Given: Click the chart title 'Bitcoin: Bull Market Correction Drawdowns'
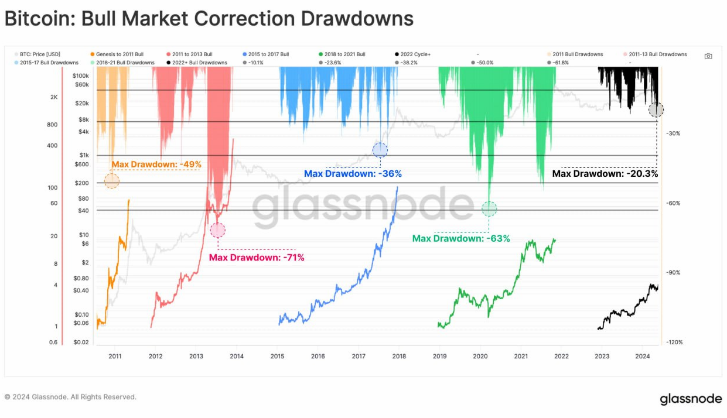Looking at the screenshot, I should point(209,19).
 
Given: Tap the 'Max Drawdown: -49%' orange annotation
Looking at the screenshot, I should point(156,165).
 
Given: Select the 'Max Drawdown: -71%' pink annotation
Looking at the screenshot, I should point(257,257).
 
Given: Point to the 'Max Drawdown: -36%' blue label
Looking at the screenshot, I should point(353,174).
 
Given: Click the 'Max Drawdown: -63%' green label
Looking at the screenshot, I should point(461,238).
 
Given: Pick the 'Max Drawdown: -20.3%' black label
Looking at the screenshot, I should point(605,173).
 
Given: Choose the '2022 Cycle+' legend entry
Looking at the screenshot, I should point(415,54).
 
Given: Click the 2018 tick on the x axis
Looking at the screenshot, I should point(399,356).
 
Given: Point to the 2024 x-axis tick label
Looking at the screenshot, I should point(643,356).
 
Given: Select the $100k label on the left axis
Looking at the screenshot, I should point(81,76).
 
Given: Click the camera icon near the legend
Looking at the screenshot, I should point(708,56).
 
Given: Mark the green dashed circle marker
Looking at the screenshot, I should point(489,208).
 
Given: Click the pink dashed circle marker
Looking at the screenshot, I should point(217,230).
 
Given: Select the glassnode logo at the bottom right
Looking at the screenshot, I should point(691,399).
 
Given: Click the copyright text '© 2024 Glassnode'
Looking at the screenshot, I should point(70,397).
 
